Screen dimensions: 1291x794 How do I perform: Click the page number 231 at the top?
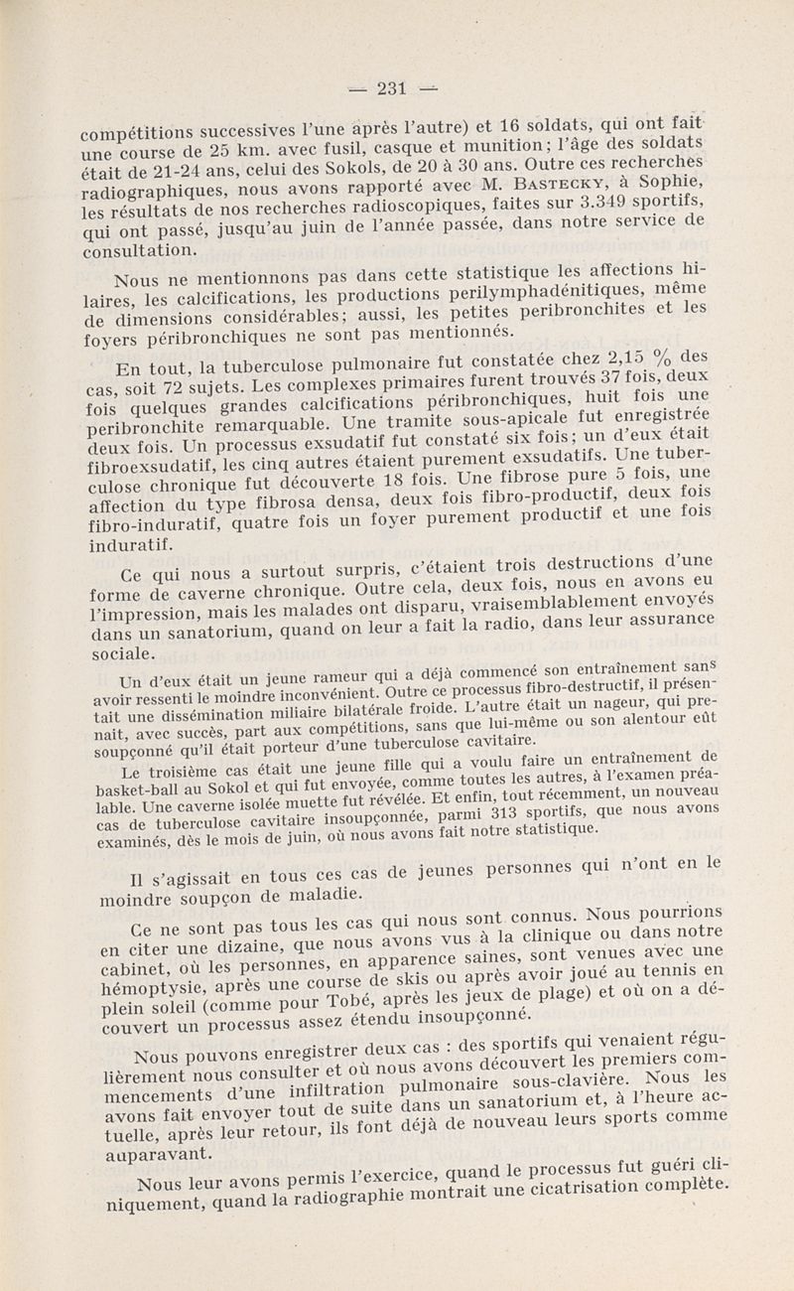point(392,87)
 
